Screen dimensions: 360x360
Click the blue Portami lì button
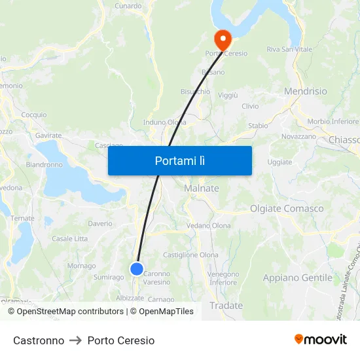point(179,160)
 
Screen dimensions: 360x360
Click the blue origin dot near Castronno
point(137,268)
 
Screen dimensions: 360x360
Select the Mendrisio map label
point(306,92)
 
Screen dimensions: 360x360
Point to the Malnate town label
point(202,189)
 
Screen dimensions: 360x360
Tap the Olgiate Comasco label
point(287,209)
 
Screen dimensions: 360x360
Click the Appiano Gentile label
point(298,278)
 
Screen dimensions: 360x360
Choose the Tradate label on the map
point(226,306)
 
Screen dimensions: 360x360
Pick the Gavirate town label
point(48,135)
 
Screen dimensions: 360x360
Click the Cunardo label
point(128,6)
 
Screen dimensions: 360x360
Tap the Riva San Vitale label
point(289,49)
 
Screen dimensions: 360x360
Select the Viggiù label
point(228,95)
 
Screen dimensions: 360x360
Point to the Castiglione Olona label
point(190,255)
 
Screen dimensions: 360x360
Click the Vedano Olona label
point(209,226)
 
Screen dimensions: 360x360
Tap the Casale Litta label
point(69,238)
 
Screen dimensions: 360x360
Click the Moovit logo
point(321,340)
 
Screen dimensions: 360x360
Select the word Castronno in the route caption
point(39,340)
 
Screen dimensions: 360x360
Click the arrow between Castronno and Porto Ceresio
point(76,340)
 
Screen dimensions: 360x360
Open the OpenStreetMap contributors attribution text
point(70,312)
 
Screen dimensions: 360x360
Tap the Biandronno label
point(45,164)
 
